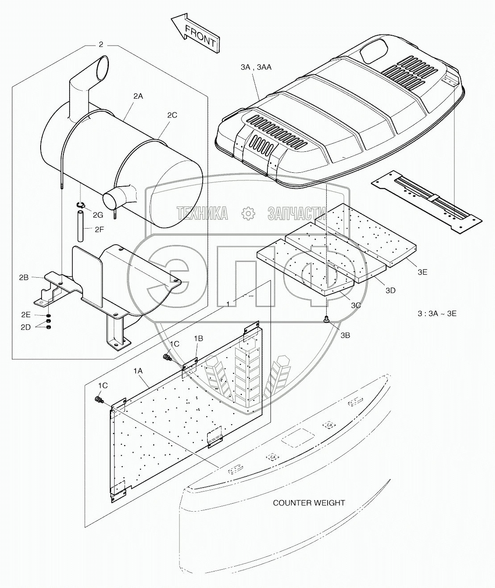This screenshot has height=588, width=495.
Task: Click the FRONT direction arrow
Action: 196,33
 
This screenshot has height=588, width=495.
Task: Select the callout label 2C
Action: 172,115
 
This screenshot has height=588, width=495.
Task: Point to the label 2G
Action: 98,215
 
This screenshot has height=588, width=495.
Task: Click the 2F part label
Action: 100,229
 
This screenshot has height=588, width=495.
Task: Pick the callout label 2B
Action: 24,277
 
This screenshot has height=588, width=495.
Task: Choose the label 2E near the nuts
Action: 25,314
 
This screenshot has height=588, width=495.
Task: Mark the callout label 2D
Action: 25,327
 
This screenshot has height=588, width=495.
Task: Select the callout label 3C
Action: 356,305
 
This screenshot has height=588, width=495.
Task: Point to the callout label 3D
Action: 391,290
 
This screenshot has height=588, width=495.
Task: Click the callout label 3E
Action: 422,271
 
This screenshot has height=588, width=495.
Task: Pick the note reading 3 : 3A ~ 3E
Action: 437,313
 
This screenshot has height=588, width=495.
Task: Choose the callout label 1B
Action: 198,338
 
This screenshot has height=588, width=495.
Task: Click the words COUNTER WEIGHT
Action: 309,503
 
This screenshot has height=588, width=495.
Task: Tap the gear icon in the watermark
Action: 247,213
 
